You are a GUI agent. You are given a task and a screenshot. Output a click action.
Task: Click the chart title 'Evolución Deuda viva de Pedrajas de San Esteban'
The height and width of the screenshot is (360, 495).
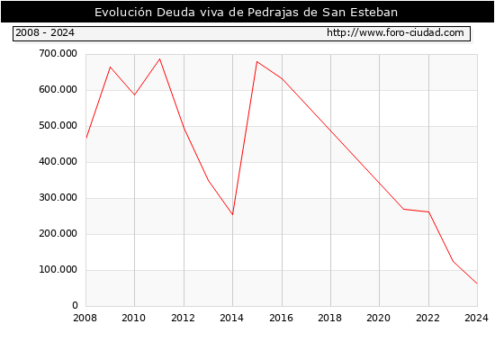tap(246, 12)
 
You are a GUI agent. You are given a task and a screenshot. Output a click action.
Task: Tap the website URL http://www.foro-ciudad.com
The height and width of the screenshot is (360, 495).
tap(395, 32)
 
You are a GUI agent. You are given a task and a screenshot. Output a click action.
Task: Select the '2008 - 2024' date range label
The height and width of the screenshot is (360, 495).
tap(45, 32)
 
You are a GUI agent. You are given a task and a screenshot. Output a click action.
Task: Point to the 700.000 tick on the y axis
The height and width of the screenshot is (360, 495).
tap(58, 54)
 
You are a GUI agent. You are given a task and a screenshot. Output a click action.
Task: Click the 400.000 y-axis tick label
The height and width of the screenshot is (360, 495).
tap(58, 162)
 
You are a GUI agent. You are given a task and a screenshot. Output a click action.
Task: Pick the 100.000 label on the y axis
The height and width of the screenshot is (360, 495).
tap(58, 270)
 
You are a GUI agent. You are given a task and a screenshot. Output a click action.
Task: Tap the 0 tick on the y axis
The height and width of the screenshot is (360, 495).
tap(75, 305)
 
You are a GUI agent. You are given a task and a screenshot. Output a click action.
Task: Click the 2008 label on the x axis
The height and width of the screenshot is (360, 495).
tap(85, 318)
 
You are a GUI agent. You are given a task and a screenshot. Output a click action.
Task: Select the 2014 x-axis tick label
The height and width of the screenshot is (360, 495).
tap(231, 318)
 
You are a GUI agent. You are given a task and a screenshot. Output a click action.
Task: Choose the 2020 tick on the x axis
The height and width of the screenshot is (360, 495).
tap(379, 318)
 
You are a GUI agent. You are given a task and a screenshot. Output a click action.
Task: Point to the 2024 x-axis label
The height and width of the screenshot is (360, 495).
tap(476, 318)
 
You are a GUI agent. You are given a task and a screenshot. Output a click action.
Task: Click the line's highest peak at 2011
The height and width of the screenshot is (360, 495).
tap(159, 59)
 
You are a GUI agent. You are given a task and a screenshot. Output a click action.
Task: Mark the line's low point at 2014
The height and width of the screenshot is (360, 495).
tap(233, 215)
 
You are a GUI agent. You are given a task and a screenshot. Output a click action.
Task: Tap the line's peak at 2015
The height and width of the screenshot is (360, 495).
tap(257, 61)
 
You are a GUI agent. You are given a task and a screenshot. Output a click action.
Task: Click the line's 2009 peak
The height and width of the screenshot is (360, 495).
tap(110, 67)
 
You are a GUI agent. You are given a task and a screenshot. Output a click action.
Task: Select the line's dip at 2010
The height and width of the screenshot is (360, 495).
tap(134, 94)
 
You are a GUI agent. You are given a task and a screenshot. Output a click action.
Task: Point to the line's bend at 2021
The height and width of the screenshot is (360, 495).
tap(404, 209)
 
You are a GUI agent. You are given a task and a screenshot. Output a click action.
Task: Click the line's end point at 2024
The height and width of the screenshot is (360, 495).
tap(477, 283)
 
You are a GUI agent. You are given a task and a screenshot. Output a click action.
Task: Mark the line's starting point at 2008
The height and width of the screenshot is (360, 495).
tap(86, 138)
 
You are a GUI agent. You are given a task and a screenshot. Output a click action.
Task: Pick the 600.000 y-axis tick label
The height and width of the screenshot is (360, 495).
tap(58, 90)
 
